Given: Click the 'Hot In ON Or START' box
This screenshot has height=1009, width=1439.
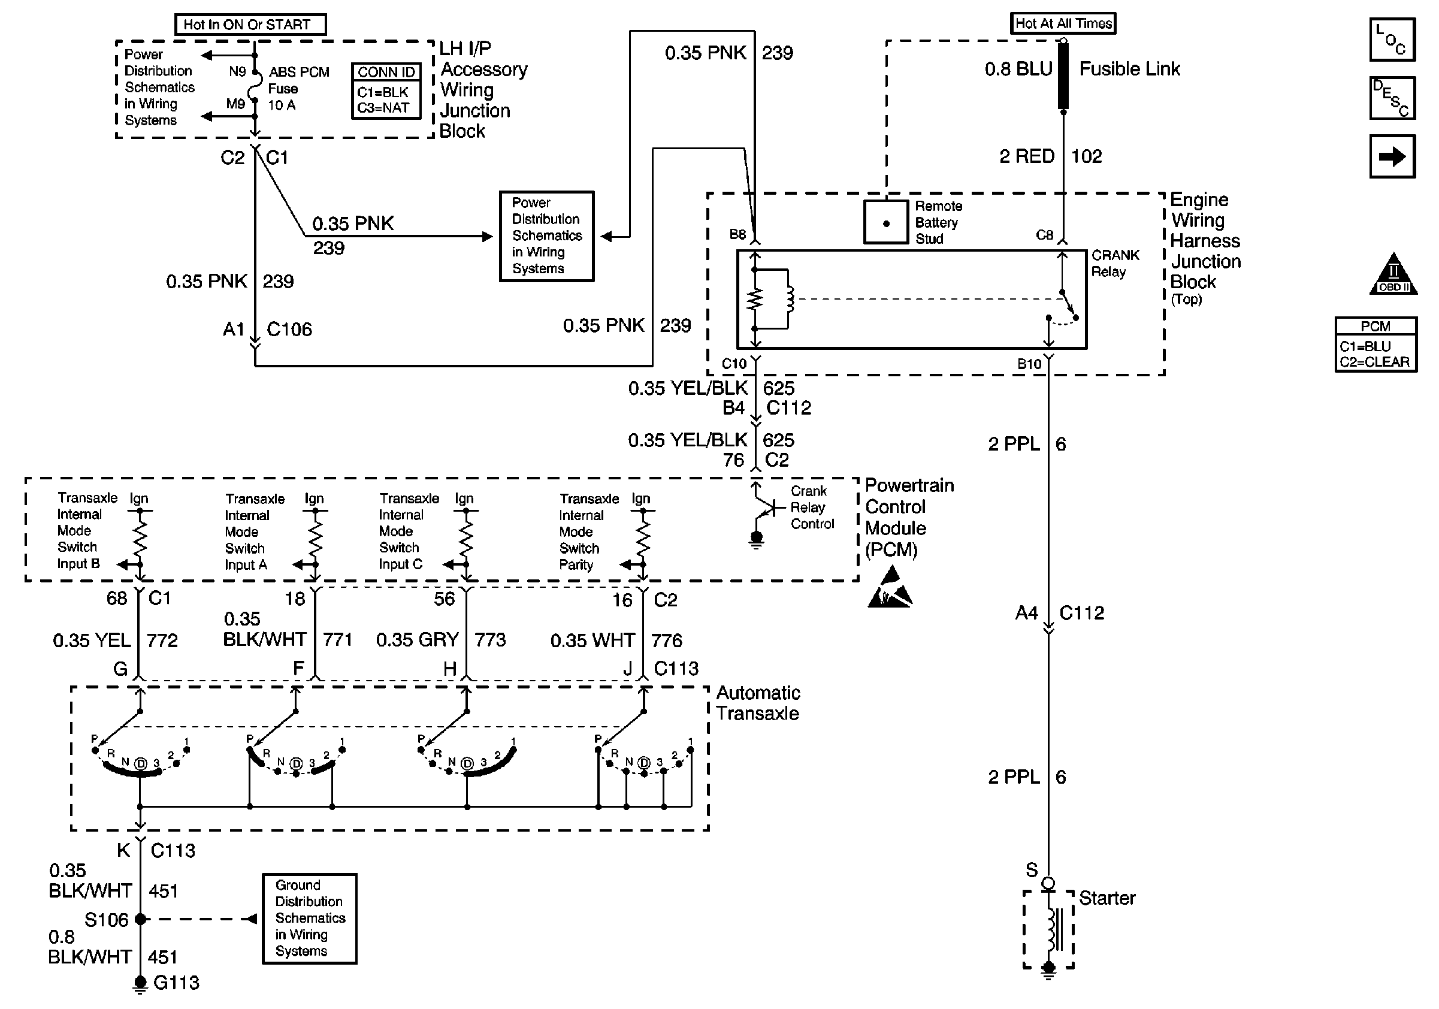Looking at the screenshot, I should [x=249, y=25].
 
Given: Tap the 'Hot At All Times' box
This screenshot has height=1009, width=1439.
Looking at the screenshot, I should [x=1063, y=23].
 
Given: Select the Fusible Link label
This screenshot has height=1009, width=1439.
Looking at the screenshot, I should [x=1129, y=69].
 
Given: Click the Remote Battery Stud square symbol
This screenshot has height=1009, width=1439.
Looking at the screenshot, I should [x=885, y=222].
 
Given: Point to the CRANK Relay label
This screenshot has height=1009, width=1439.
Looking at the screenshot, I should [x=1114, y=263].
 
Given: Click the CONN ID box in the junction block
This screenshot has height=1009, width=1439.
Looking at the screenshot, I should [x=385, y=92].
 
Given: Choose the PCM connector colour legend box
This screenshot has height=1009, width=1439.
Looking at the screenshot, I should [x=1375, y=345].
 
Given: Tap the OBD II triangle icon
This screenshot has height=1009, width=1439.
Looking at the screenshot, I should [x=1393, y=274].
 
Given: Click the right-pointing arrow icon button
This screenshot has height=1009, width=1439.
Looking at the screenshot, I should [x=1392, y=156].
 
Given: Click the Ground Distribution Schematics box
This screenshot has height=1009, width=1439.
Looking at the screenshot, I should [x=310, y=918].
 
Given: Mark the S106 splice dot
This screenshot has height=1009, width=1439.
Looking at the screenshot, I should [x=140, y=919].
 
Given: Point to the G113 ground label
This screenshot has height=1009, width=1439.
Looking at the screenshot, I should [x=176, y=983].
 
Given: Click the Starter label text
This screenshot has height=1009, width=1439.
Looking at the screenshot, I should [x=1107, y=898].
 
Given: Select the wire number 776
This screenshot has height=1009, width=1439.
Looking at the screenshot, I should [x=666, y=641].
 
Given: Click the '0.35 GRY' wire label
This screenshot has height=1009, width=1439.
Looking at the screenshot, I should [x=417, y=640].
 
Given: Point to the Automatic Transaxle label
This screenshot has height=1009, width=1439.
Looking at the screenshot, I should [x=758, y=703].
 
